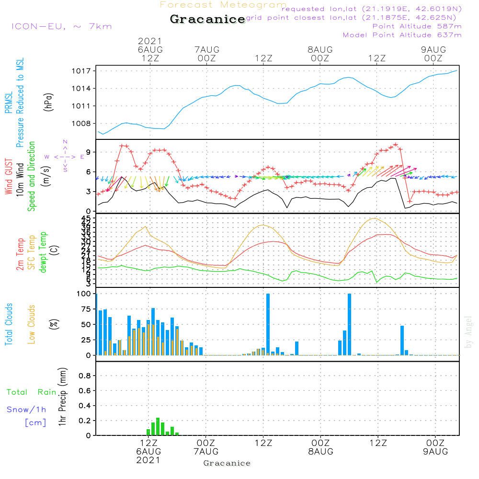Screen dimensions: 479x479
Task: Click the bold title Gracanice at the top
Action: (x=207, y=20)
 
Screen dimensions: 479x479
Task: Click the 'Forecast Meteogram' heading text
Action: (x=223, y=5)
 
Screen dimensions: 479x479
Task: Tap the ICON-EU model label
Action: (x=61, y=26)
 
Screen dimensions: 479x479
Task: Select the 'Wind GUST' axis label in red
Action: (x=9, y=177)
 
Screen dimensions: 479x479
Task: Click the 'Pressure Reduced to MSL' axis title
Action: (x=20, y=103)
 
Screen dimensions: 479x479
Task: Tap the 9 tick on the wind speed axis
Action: (x=89, y=152)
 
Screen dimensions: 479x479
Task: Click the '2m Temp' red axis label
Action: (x=20, y=254)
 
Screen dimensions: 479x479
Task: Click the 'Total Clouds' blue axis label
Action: (x=9, y=324)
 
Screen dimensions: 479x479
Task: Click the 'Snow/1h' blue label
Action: (x=27, y=410)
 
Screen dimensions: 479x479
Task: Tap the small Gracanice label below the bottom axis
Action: (x=227, y=463)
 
